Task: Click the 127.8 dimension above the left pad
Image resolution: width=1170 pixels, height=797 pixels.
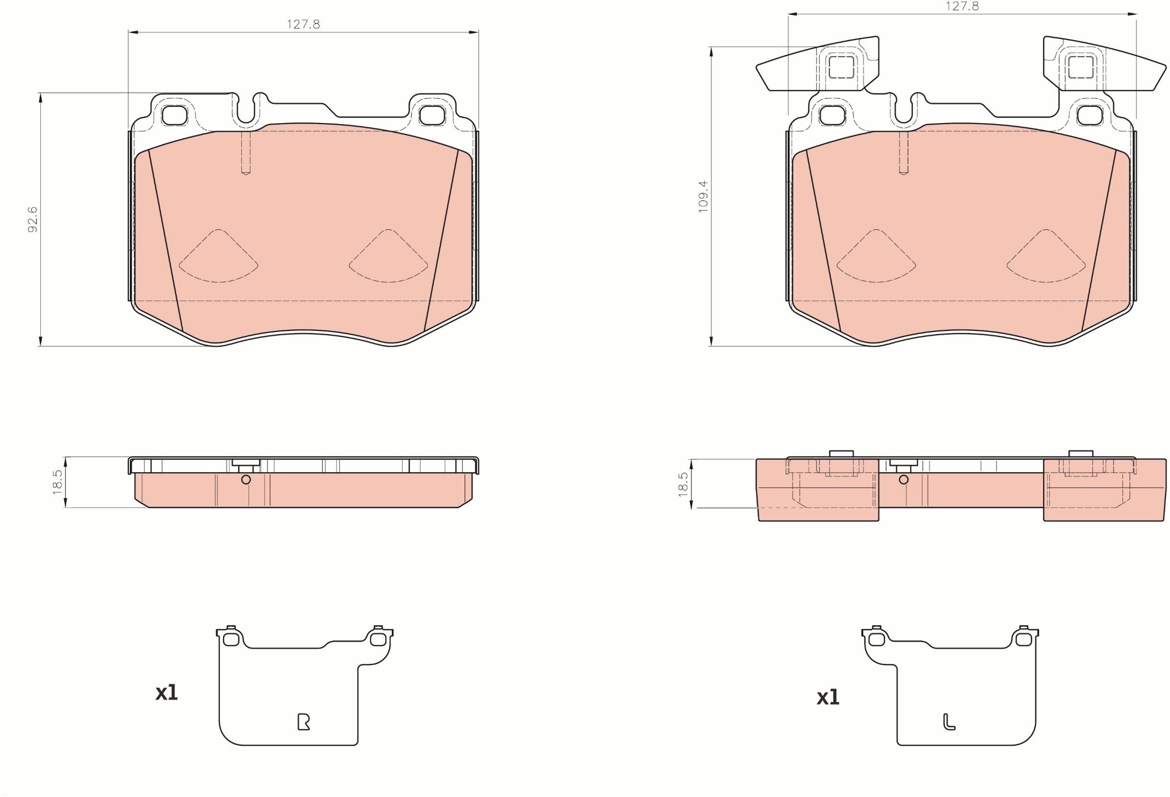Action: point(303,24)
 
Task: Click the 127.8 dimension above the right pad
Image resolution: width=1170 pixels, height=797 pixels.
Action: point(962,6)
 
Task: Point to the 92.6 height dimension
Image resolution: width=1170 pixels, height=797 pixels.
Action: point(33,219)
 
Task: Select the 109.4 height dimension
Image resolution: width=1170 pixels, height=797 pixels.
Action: point(703,197)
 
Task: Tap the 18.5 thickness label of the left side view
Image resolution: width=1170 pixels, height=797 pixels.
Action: point(58,482)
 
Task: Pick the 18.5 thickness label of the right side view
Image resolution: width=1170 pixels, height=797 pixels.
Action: point(683,485)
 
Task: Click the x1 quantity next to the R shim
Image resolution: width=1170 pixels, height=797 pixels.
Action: point(167,693)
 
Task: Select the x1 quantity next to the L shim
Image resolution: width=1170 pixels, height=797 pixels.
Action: point(828,697)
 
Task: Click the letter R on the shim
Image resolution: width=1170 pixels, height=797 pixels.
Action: point(303,721)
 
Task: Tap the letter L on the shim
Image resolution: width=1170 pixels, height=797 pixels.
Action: point(949,721)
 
